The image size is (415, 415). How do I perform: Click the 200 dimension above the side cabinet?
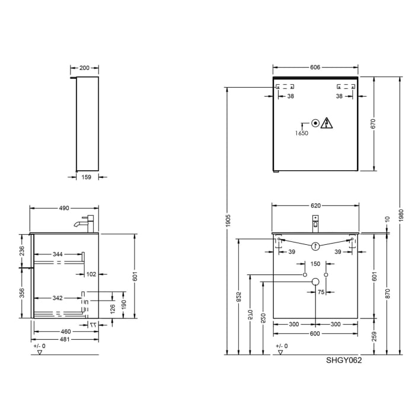point(84,68)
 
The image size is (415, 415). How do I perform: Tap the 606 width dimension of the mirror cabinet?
point(315,68)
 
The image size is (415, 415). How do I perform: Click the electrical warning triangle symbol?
point(327,123)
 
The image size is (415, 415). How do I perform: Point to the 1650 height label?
point(302,133)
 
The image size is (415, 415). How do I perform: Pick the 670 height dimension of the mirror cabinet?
point(373,123)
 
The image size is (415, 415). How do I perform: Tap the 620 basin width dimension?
point(315,206)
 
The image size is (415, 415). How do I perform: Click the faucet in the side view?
point(85,224)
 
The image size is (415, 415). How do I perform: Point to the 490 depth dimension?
point(64,208)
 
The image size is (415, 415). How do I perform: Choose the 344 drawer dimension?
point(58,254)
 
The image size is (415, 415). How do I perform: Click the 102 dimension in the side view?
point(91,274)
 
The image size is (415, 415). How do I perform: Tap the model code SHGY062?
point(344,360)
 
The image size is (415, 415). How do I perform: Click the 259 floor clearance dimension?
point(373,337)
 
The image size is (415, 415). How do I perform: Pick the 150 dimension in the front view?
point(315,264)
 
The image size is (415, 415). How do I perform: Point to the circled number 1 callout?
point(315,246)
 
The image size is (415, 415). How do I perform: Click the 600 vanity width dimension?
point(315,333)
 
